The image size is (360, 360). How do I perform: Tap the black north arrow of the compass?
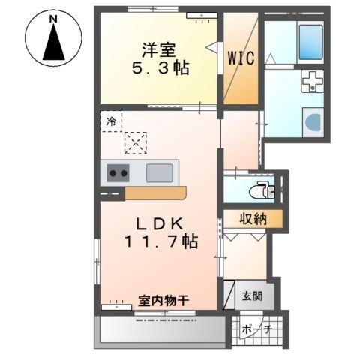(x=53, y=43)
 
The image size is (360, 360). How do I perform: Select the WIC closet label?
(x=241, y=57)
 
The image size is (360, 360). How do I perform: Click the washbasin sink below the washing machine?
(x=311, y=121)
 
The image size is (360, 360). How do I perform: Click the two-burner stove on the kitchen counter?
(x=118, y=173)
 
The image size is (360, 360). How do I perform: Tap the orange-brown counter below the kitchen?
(x=155, y=193)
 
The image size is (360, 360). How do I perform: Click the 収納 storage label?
(x=253, y=220)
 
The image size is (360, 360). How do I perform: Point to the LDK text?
(x=157, y=223)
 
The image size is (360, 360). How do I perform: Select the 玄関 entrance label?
(x=253, y=295)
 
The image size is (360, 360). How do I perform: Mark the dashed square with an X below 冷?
(x=136, y=142)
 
